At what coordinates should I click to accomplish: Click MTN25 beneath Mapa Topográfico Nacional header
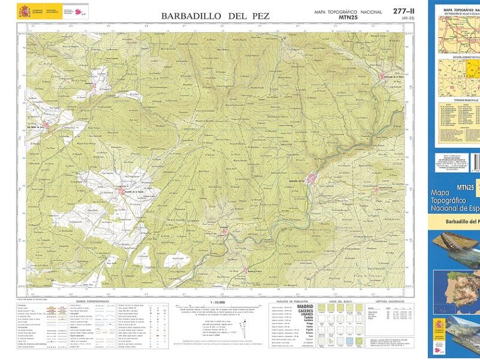tap(348, 18)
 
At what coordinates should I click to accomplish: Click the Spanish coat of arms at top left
tap(24, 11)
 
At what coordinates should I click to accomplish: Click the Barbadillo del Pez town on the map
tap(310, 178)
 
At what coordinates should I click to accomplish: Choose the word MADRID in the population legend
tap(304, 307)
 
